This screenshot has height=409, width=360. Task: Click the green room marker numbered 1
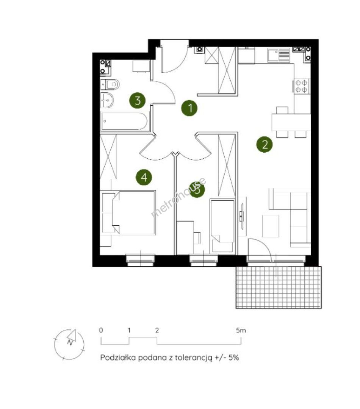coord(189,108)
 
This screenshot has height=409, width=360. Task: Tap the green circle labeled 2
coord(265,144)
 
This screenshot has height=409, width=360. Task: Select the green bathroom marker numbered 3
coord(138,100)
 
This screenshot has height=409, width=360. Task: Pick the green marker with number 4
coord(144,177)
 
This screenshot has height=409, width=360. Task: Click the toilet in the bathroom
coord(110,84)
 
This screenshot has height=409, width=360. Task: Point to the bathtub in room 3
coord(125,121)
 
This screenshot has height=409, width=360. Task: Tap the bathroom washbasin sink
coord(107,100)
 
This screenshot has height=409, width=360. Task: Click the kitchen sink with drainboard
coord(279,55)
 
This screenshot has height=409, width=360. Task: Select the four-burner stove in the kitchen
coord(301,86)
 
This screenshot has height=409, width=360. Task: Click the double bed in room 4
coord(129,213)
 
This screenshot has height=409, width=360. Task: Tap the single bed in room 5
coord(222,226)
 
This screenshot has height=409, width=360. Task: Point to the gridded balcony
coord(279,287)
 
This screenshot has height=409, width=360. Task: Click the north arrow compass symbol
coord(69,344)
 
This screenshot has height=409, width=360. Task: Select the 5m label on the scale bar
coord(241,330)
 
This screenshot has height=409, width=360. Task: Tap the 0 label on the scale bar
coord(101,330)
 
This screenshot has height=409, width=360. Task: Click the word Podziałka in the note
coord(118,357)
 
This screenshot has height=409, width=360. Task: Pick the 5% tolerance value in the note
coord(234,357)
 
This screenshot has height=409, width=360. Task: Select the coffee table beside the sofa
coord(271,226)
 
